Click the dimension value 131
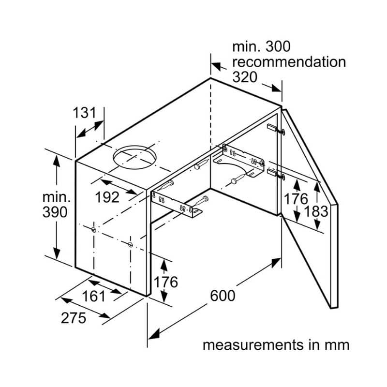(89, 113)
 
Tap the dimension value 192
(107, 197)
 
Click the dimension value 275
(74, 318)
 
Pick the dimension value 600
(223, 295)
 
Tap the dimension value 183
(317, 211)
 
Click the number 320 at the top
(245, 77)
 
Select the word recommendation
(289, 62)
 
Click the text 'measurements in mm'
(276, 345)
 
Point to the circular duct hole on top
(135, 158)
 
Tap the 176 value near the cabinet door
(296, 198)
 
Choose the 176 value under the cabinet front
(165, 281)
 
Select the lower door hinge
(272, 172)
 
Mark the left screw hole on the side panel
(92, 230)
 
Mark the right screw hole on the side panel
(131, 245)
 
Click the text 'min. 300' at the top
(261, 47)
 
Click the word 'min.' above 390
(56, 197)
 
